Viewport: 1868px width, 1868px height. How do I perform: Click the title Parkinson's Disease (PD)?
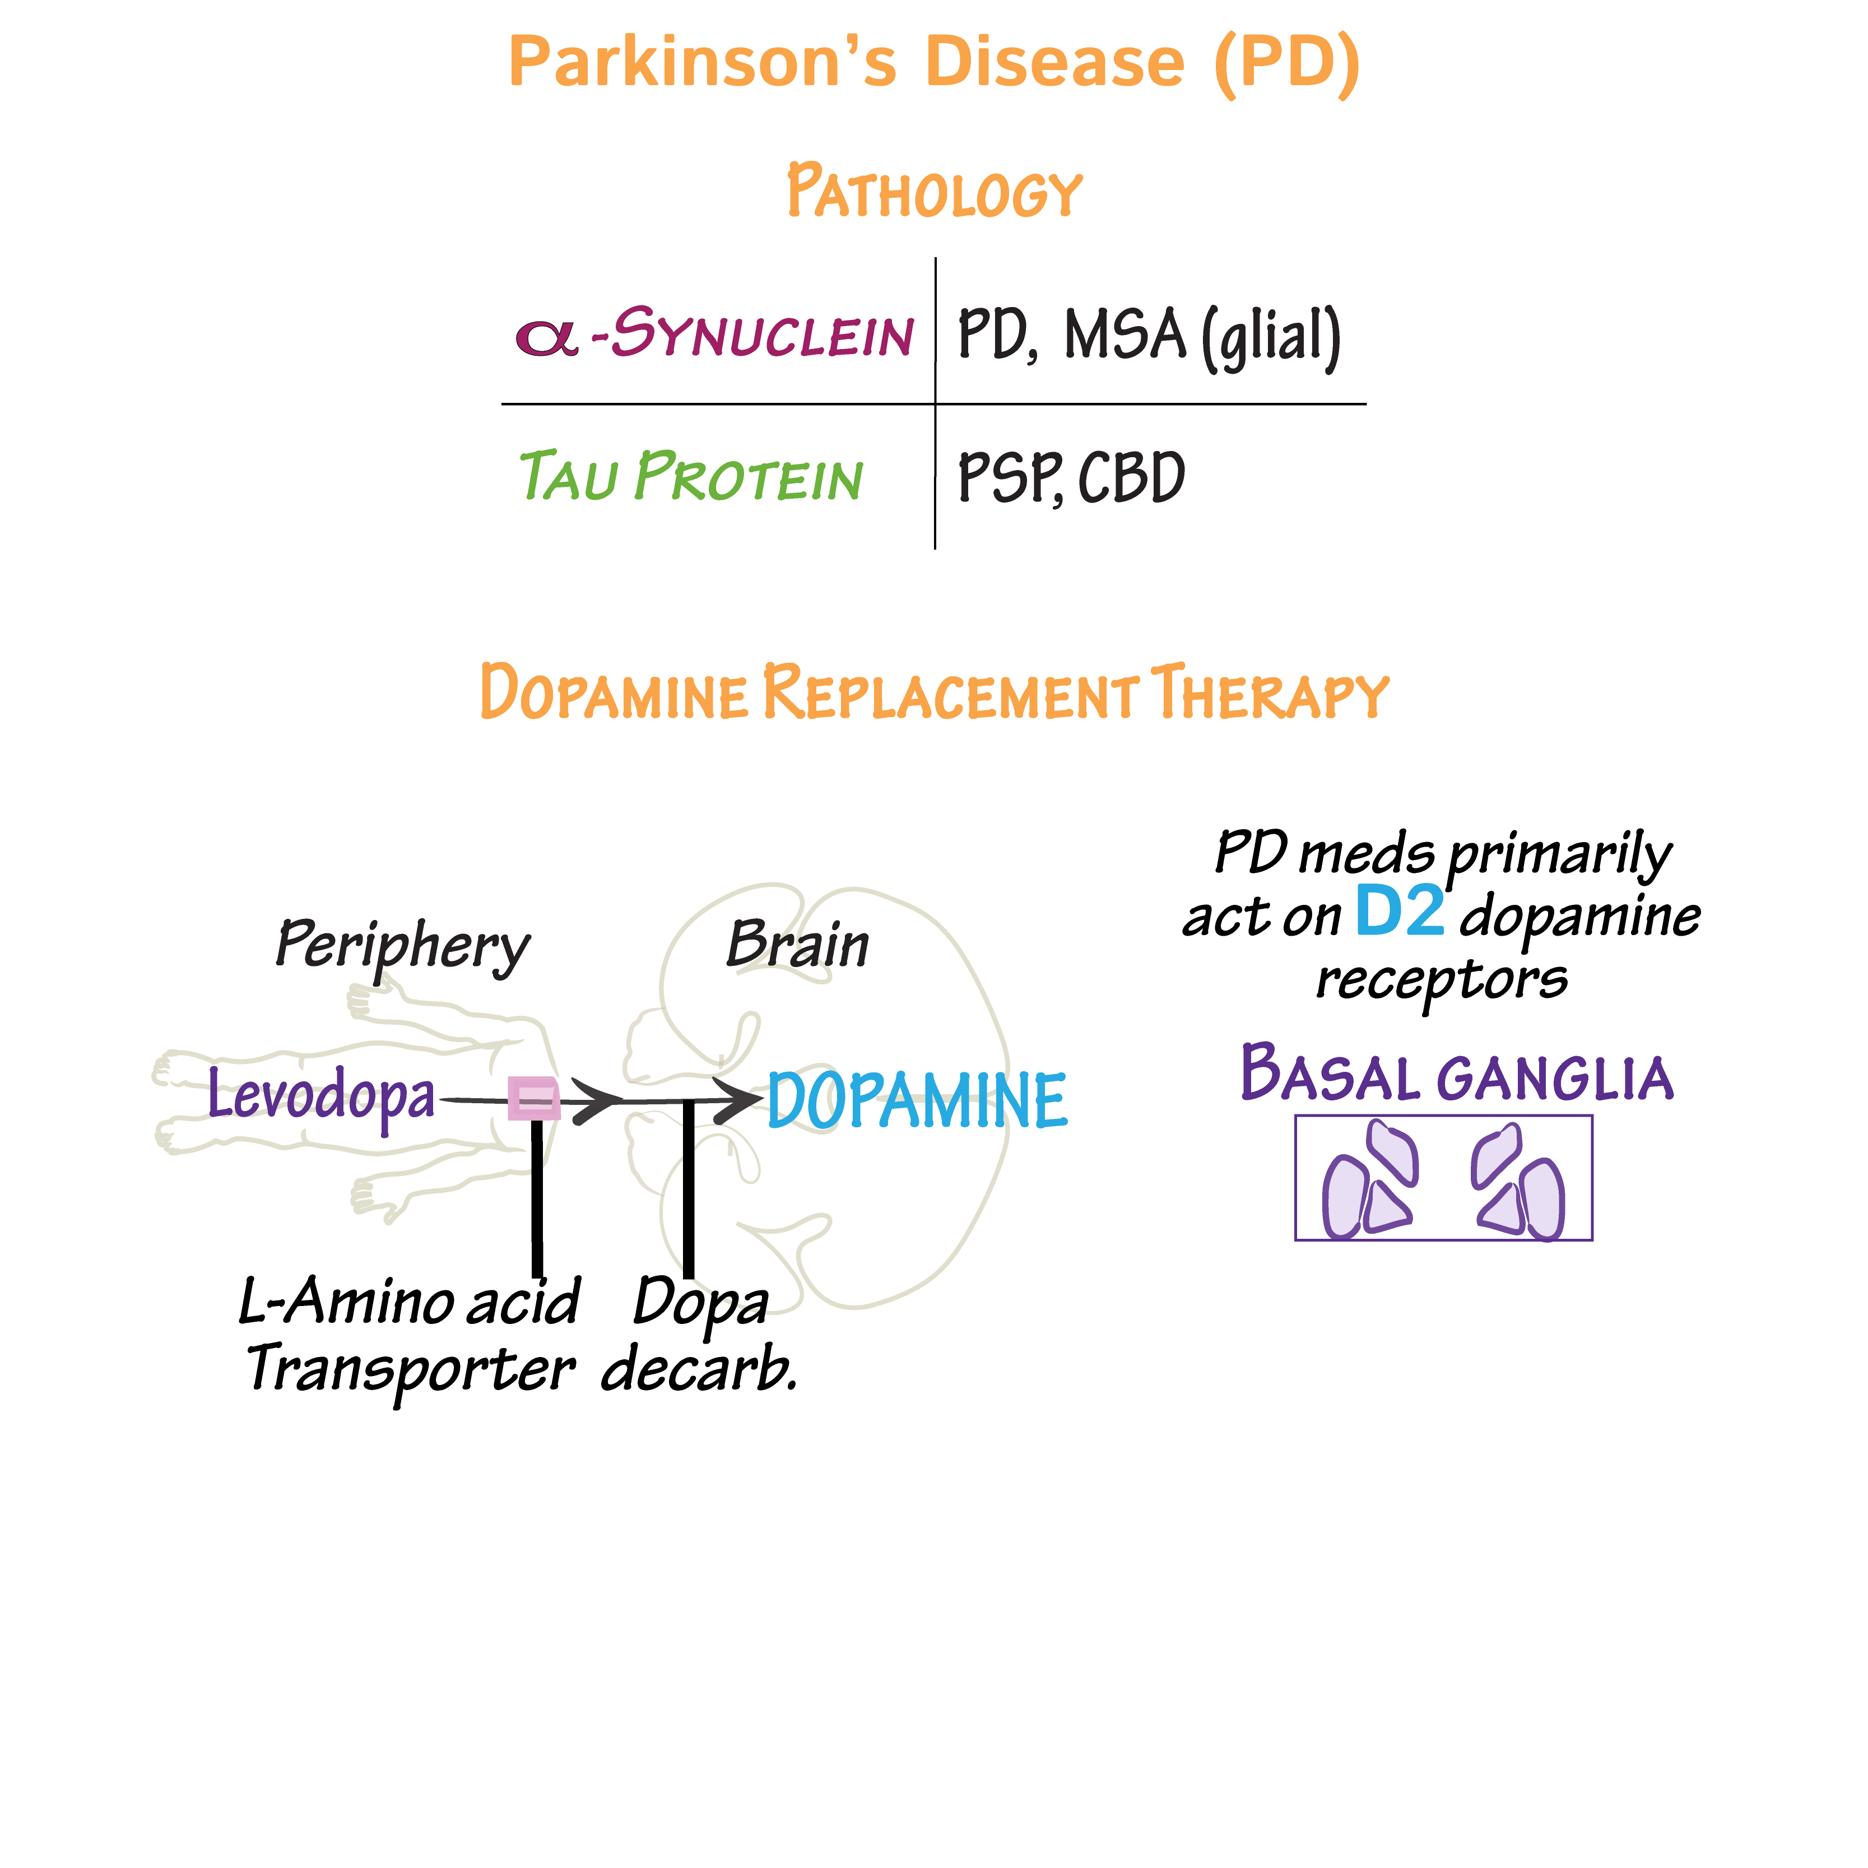tap(934, 63)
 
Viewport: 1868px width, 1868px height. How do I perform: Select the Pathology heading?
tap(934, 192)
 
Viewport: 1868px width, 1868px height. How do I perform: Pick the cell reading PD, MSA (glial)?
tap(1149, 336)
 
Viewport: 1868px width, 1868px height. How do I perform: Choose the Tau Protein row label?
tap(690, 477)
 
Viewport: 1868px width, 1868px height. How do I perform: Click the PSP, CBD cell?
tap(1070, 477)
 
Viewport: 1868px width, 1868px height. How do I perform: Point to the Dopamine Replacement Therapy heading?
tap(934, 693)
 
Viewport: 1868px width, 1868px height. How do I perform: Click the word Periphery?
tap(402, 946)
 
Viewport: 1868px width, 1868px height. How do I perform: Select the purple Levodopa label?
tap(322, 1095)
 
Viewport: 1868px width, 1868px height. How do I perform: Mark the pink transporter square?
tap(534, 1098)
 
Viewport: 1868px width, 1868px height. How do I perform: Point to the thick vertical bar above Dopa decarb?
tap(689, 1189)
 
